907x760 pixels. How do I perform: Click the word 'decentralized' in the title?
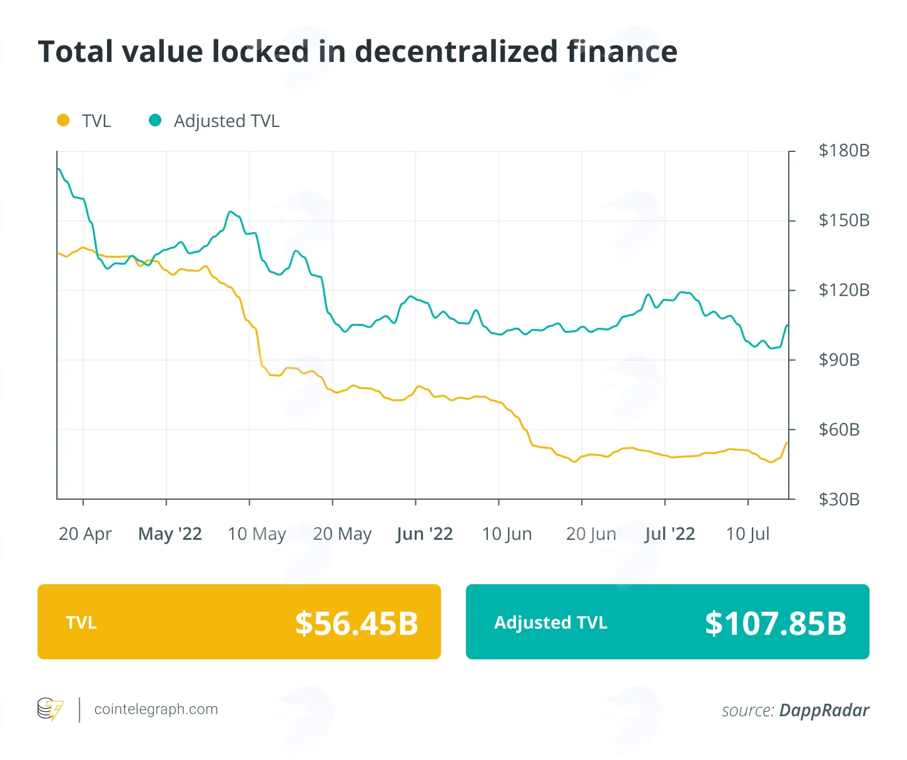[x=456, y=51]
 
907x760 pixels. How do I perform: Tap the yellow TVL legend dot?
[x=63, y=120]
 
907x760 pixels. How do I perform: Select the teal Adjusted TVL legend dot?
[x=155, y=120]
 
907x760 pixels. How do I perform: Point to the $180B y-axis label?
[x=844, y=150]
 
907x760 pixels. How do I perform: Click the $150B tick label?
[x=844, y=220]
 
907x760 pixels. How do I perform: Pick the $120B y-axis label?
[x=844, y=290]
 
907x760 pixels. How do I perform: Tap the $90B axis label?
[x=839, y=360]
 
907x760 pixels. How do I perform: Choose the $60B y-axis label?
[x=839, y=430]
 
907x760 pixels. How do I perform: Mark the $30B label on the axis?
[x=839, y=500]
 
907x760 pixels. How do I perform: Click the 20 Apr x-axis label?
[x=85, y=534]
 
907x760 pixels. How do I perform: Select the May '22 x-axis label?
[x=170, y=534]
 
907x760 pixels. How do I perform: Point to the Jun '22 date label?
[x=424, y=534]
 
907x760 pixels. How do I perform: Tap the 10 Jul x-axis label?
[x=747, y=534]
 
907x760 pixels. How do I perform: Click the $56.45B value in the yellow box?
[x=356, y=623]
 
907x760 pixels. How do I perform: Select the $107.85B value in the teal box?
[x=776, y=623]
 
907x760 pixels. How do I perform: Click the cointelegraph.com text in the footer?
[x=156, y=709]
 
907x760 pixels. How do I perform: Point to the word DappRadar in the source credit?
[x=824, y=710]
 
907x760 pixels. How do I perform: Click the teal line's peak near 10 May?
[x=230, y=211]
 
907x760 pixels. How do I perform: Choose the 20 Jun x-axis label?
[x=590, y=534]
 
